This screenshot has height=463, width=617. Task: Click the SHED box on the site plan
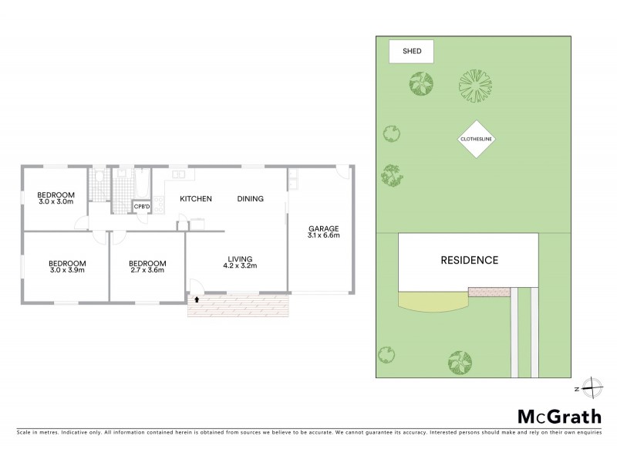(x=410, y=52)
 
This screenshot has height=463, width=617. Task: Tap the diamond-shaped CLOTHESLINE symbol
(x=476, y=139)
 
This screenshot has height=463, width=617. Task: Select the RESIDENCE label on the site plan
(x=469, y=260)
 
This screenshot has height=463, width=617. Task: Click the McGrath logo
(x=558, y=417)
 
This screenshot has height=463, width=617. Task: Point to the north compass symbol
(x=591, y=387)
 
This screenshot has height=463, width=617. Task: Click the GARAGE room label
(x=324, y=228)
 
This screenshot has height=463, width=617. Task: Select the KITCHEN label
(x=196, y=199)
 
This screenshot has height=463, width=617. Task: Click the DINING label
(x=250, y=199)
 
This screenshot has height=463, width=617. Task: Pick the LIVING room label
(x=240, y=259)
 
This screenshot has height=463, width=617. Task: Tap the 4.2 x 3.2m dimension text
(x=240, y=266)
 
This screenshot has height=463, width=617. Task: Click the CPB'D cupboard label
(x=142, y=207)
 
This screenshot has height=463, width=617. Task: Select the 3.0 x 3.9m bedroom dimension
(x=67, y=270)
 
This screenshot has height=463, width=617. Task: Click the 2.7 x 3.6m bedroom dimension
(x=147, y=270)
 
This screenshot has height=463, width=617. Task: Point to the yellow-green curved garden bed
(x=432, y=302)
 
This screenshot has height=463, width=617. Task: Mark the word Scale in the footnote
(x=25, y=432)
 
